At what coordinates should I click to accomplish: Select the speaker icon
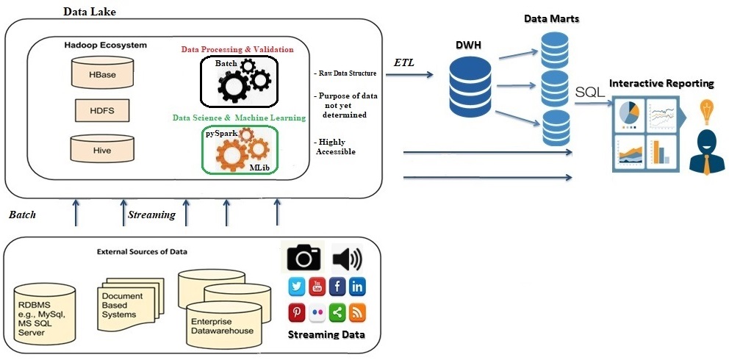(x=348, y=257)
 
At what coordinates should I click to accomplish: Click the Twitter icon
(x=298, y=287)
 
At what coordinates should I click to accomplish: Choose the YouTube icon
(x=317, y=287)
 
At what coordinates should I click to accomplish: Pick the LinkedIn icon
(x=357, y=287)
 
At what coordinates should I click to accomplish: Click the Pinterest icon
(x=298, y=312)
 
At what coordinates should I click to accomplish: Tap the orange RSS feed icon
(x=357, y=312)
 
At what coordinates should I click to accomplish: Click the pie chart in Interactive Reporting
(x=629, y=114)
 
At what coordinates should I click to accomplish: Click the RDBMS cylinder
(x=45, y=311)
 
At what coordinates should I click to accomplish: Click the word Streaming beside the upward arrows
(x=151, y=215)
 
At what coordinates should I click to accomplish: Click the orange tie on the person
(x=706, y=164)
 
